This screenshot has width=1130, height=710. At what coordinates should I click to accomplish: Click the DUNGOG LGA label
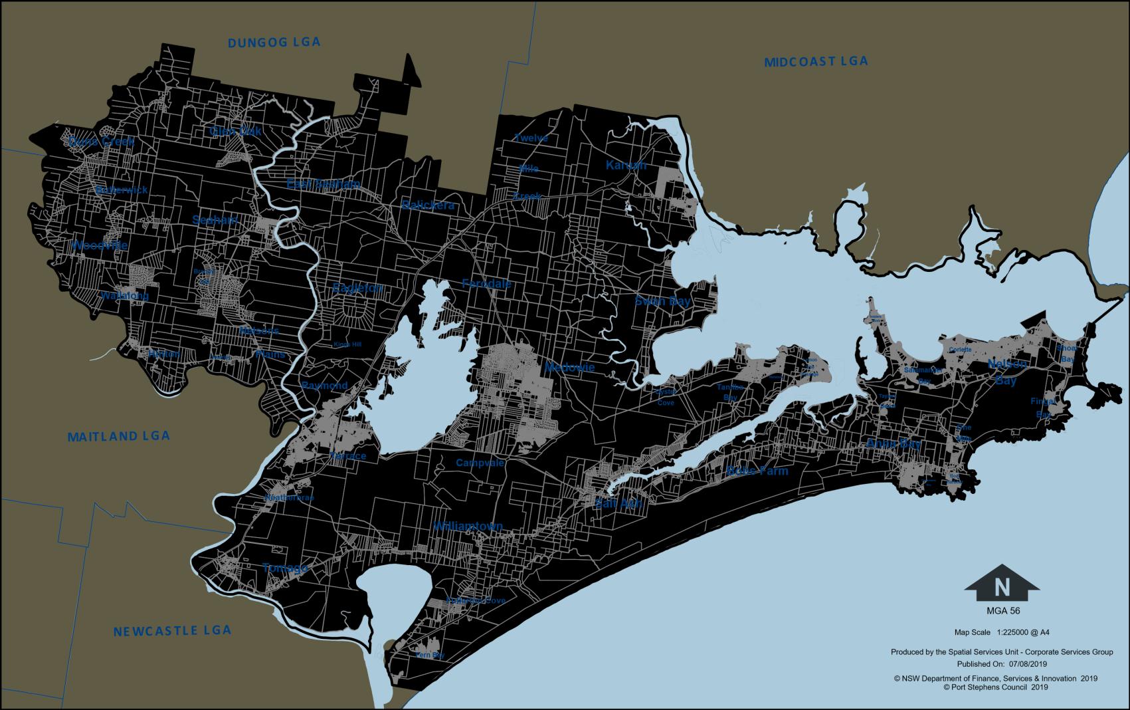pyautogui.click(x=274, y=43)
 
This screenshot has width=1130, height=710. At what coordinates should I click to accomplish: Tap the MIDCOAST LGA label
pyautogui.click(x=816, y=62)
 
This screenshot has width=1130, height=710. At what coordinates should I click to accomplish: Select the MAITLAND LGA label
pyautogui.click(x=119, y=437)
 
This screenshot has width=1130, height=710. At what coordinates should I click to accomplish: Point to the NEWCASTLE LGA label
pyautogui.click(x=172, y=631)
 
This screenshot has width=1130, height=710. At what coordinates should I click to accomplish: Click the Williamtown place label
pyautogui.click(x=468, y=526)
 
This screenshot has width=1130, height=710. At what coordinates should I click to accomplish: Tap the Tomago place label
pyautogui.click(x=285, y=568)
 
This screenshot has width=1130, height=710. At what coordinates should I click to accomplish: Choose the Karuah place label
pyautogui.click(x=626, y=165)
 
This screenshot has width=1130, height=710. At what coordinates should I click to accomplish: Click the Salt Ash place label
pyautogui.click(x=618, y=504)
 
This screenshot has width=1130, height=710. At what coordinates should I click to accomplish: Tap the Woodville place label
pyautogui.click(x=99, y=245)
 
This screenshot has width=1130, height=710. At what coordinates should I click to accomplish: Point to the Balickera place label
pyautogui.click(x=428, y=205)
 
